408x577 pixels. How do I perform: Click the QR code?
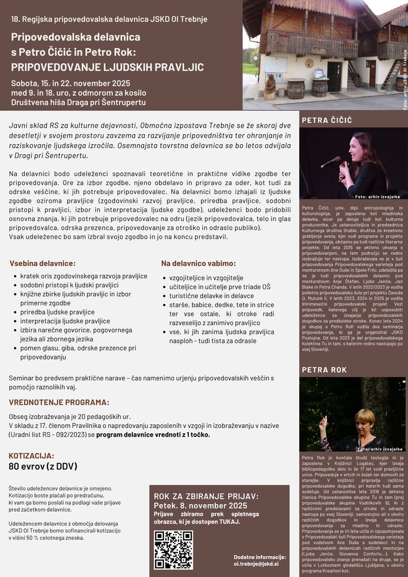coord(173,549)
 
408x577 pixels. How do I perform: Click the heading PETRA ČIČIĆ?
coord(327,120)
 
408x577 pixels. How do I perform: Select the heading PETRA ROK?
coord(324,370)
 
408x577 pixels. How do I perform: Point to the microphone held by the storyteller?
coord(332,162)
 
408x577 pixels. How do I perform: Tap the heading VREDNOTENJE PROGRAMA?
coord(59,402)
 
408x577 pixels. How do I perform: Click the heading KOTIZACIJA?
coord(32,455)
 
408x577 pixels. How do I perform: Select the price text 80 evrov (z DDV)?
coord(43,467)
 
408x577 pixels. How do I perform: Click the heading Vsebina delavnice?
coord(43,263)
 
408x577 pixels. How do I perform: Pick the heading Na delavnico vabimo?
coord(198,263)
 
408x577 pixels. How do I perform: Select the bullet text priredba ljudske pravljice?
coord(57,312)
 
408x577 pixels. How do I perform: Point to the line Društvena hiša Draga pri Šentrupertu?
coord(78,102)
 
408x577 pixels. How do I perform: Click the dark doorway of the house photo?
coord(334,76)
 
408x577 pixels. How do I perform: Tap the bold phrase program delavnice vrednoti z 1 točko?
coord(153,434)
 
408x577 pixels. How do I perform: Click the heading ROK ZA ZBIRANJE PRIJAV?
coord(206,496)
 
